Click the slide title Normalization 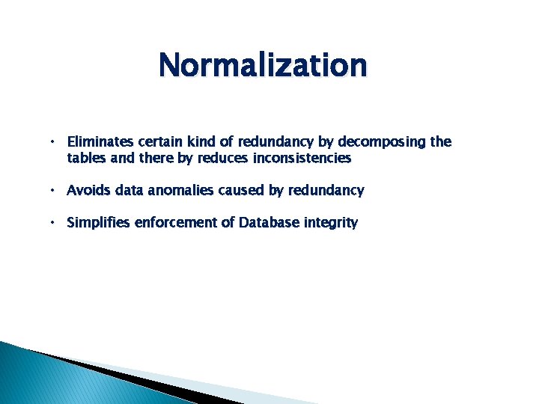point(263,65)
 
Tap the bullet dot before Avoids point(54,191)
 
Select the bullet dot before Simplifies point(54,223)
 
